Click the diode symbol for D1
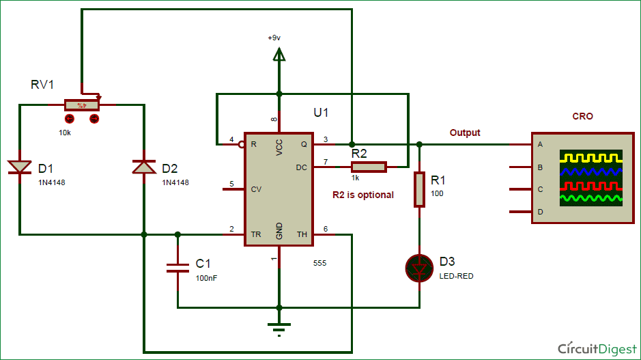[20, 167]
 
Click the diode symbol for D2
[144, 167]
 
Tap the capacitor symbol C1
[177, 267]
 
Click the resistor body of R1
[418, 189]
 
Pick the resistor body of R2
[369, 167]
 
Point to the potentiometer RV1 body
[82, 105]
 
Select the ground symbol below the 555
[279, 329]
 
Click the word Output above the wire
[464, 133]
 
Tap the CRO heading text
[582, 116]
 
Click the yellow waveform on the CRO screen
[590, 158]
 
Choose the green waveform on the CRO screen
[590, 199]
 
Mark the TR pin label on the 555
[256, 234]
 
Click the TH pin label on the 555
[302, 234]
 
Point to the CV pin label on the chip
[257, 189]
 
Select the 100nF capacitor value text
[207, 278]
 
